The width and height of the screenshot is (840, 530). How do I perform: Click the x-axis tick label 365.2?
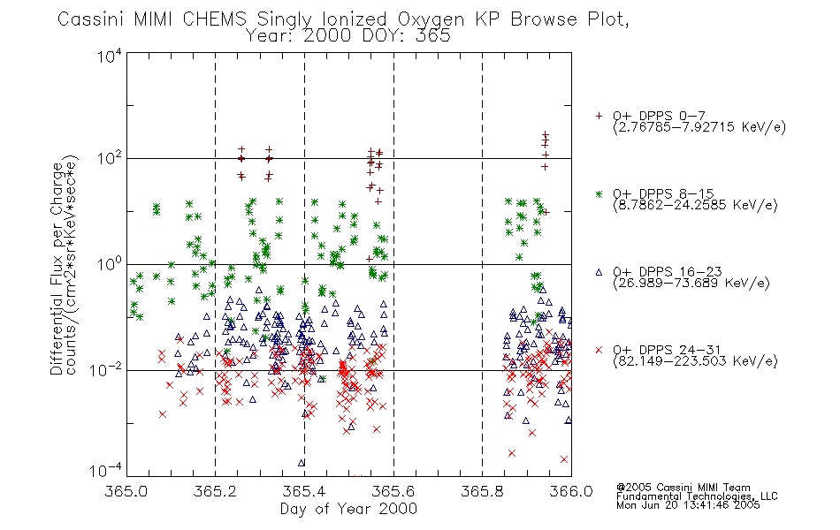[x=216, y=491]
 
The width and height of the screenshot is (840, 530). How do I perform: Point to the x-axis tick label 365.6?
[x=393, y=491]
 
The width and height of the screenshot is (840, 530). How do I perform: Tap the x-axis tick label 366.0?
[x=571, y=491]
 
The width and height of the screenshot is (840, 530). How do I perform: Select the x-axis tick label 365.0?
[x=126, y=491]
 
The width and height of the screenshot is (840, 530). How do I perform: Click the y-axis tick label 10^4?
[x=110, y=56]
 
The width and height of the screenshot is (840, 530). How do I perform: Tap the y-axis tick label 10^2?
[x=110, y=159]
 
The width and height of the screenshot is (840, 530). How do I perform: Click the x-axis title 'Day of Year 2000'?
[x=348, y=509]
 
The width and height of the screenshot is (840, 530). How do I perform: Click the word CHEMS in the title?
[x=214, y=19]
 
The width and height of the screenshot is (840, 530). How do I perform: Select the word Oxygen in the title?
[x=431, y=20]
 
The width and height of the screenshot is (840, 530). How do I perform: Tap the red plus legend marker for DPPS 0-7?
[x=599, y=116]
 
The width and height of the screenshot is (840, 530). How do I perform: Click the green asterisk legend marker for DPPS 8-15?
[x=599, y=193]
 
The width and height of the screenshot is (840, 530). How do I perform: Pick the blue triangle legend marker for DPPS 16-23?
[x=599, y=272]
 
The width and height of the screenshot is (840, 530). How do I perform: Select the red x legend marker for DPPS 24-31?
[x=599, y=350]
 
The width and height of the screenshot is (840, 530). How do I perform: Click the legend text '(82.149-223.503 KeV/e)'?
[x=695, y=360]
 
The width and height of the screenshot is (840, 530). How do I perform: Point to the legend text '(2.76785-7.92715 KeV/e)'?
[x=699, y=127]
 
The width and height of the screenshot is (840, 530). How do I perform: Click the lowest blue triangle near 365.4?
[x=302, y=463]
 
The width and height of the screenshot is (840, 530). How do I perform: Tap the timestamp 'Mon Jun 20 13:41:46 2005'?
[x=688, y=505]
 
